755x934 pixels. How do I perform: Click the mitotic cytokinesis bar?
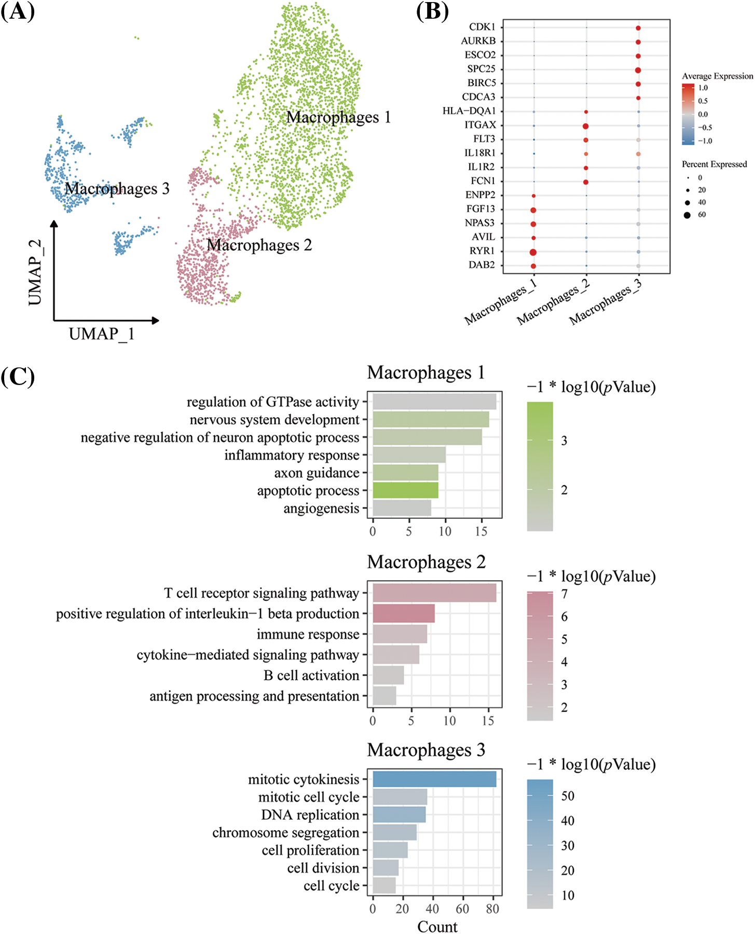tap(434, 779)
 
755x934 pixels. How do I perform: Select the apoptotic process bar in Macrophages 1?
tap(405, 490)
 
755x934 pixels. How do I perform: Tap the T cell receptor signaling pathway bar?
tap(434, 593)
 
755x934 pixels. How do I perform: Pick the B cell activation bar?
tap(388, 676)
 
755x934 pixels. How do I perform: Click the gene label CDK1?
tap(482, 27)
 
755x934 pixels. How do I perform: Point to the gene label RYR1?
tap(482, 251)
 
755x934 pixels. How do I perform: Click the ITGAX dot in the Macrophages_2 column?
tap(585, 126)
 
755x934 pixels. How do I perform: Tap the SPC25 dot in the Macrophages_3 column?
tap(638, 70)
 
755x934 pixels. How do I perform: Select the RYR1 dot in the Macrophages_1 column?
tap(533, 252)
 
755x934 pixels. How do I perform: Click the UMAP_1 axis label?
tap(102, 334)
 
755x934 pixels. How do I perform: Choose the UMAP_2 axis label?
tap(35, 272)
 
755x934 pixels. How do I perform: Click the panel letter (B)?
tap(432, 11)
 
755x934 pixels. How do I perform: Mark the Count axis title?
tap(437, 926)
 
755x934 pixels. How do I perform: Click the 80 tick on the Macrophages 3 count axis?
tap(492, 909)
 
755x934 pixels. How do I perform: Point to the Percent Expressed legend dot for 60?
tap(687, 215)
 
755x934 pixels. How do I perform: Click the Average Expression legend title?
tap(717, 76)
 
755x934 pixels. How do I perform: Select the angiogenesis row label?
tap(321, 509)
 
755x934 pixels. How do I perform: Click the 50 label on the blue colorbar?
tap(568, 796)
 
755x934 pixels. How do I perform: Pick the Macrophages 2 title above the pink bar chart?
tap(426, 562)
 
